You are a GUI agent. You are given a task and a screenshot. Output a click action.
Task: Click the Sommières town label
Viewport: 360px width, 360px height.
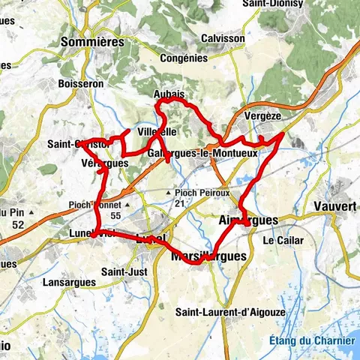[91, 42]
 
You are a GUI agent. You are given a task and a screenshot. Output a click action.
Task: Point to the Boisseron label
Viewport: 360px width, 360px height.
[80, 84]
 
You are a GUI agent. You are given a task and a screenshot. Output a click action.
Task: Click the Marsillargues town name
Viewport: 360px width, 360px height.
[208, 256]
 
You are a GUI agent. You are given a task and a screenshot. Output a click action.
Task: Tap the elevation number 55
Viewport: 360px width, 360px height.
[115, 215]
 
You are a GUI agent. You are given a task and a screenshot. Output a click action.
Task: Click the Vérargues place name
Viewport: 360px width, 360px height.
[100, 163]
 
